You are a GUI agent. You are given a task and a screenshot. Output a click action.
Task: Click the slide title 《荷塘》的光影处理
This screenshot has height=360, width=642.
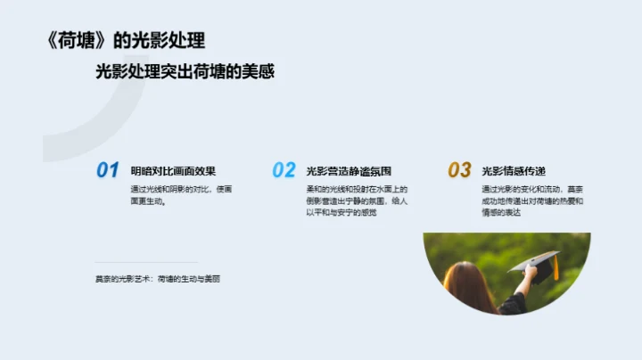124,40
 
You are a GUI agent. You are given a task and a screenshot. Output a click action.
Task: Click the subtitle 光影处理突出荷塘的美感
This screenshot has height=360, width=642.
185,72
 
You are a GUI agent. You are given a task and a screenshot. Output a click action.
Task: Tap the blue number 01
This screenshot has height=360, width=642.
108,170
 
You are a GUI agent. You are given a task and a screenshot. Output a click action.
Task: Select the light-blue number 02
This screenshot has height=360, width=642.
284,170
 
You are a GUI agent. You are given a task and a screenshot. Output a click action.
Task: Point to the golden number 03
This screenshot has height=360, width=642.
459,170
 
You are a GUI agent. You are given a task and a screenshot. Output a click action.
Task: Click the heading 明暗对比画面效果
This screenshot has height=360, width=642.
173,171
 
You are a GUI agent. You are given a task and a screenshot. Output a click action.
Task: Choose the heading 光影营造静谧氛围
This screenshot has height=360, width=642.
349,171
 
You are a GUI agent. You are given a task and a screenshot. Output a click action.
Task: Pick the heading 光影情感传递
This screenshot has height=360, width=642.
513,171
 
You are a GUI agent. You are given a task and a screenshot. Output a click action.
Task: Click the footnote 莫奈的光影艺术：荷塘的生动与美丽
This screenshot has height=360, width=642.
157,279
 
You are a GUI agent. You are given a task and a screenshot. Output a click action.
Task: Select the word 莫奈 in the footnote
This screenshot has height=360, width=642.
103,279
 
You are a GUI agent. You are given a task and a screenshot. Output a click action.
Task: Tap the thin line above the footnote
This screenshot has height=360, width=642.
146,262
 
